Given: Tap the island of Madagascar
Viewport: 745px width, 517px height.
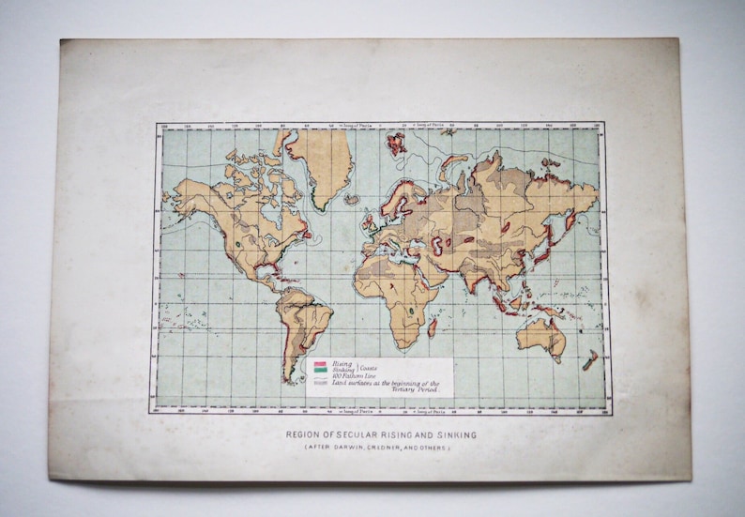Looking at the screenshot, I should (433, 327).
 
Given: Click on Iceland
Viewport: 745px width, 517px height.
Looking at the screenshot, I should (352, 199).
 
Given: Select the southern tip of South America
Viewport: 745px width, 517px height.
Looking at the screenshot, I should (289, 377).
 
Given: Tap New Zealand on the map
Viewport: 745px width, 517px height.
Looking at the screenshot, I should (590, 359).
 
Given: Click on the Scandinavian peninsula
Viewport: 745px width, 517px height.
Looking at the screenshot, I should (393, 198).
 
